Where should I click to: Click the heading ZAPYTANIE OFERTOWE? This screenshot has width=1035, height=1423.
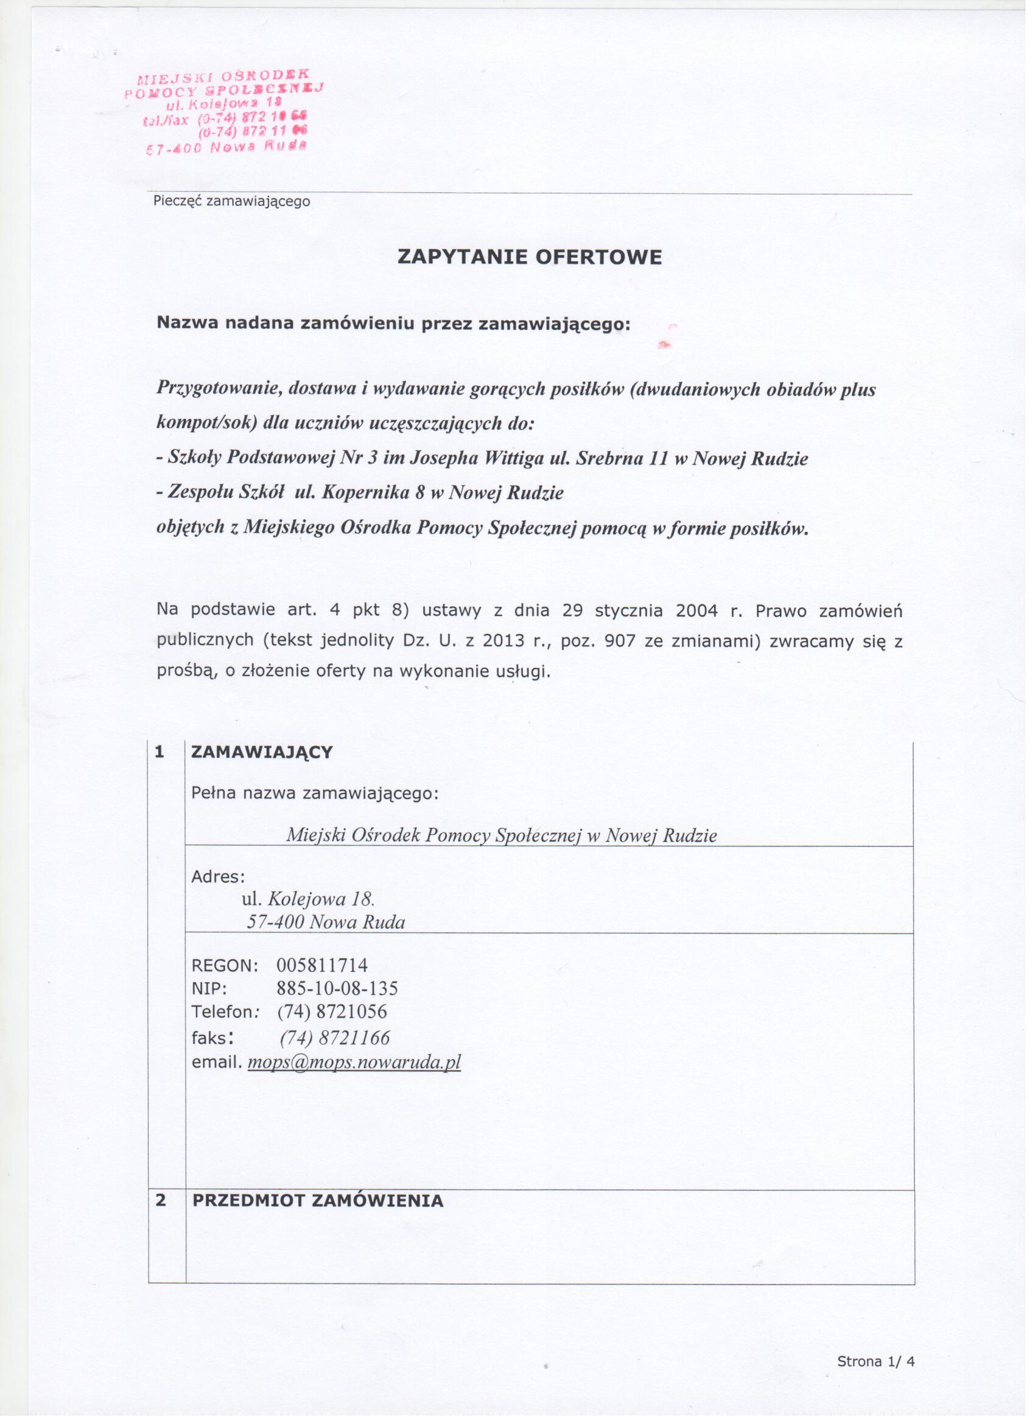530,257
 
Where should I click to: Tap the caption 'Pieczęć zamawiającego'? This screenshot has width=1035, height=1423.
231,201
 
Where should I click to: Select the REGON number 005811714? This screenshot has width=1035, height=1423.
322,965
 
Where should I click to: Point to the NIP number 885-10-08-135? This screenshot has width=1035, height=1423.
337,989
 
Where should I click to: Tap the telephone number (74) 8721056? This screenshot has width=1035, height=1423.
332,1012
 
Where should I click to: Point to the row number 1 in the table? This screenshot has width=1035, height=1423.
160,752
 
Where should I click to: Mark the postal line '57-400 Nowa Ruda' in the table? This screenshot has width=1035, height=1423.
326,922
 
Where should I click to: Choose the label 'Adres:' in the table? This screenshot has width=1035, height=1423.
219,876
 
